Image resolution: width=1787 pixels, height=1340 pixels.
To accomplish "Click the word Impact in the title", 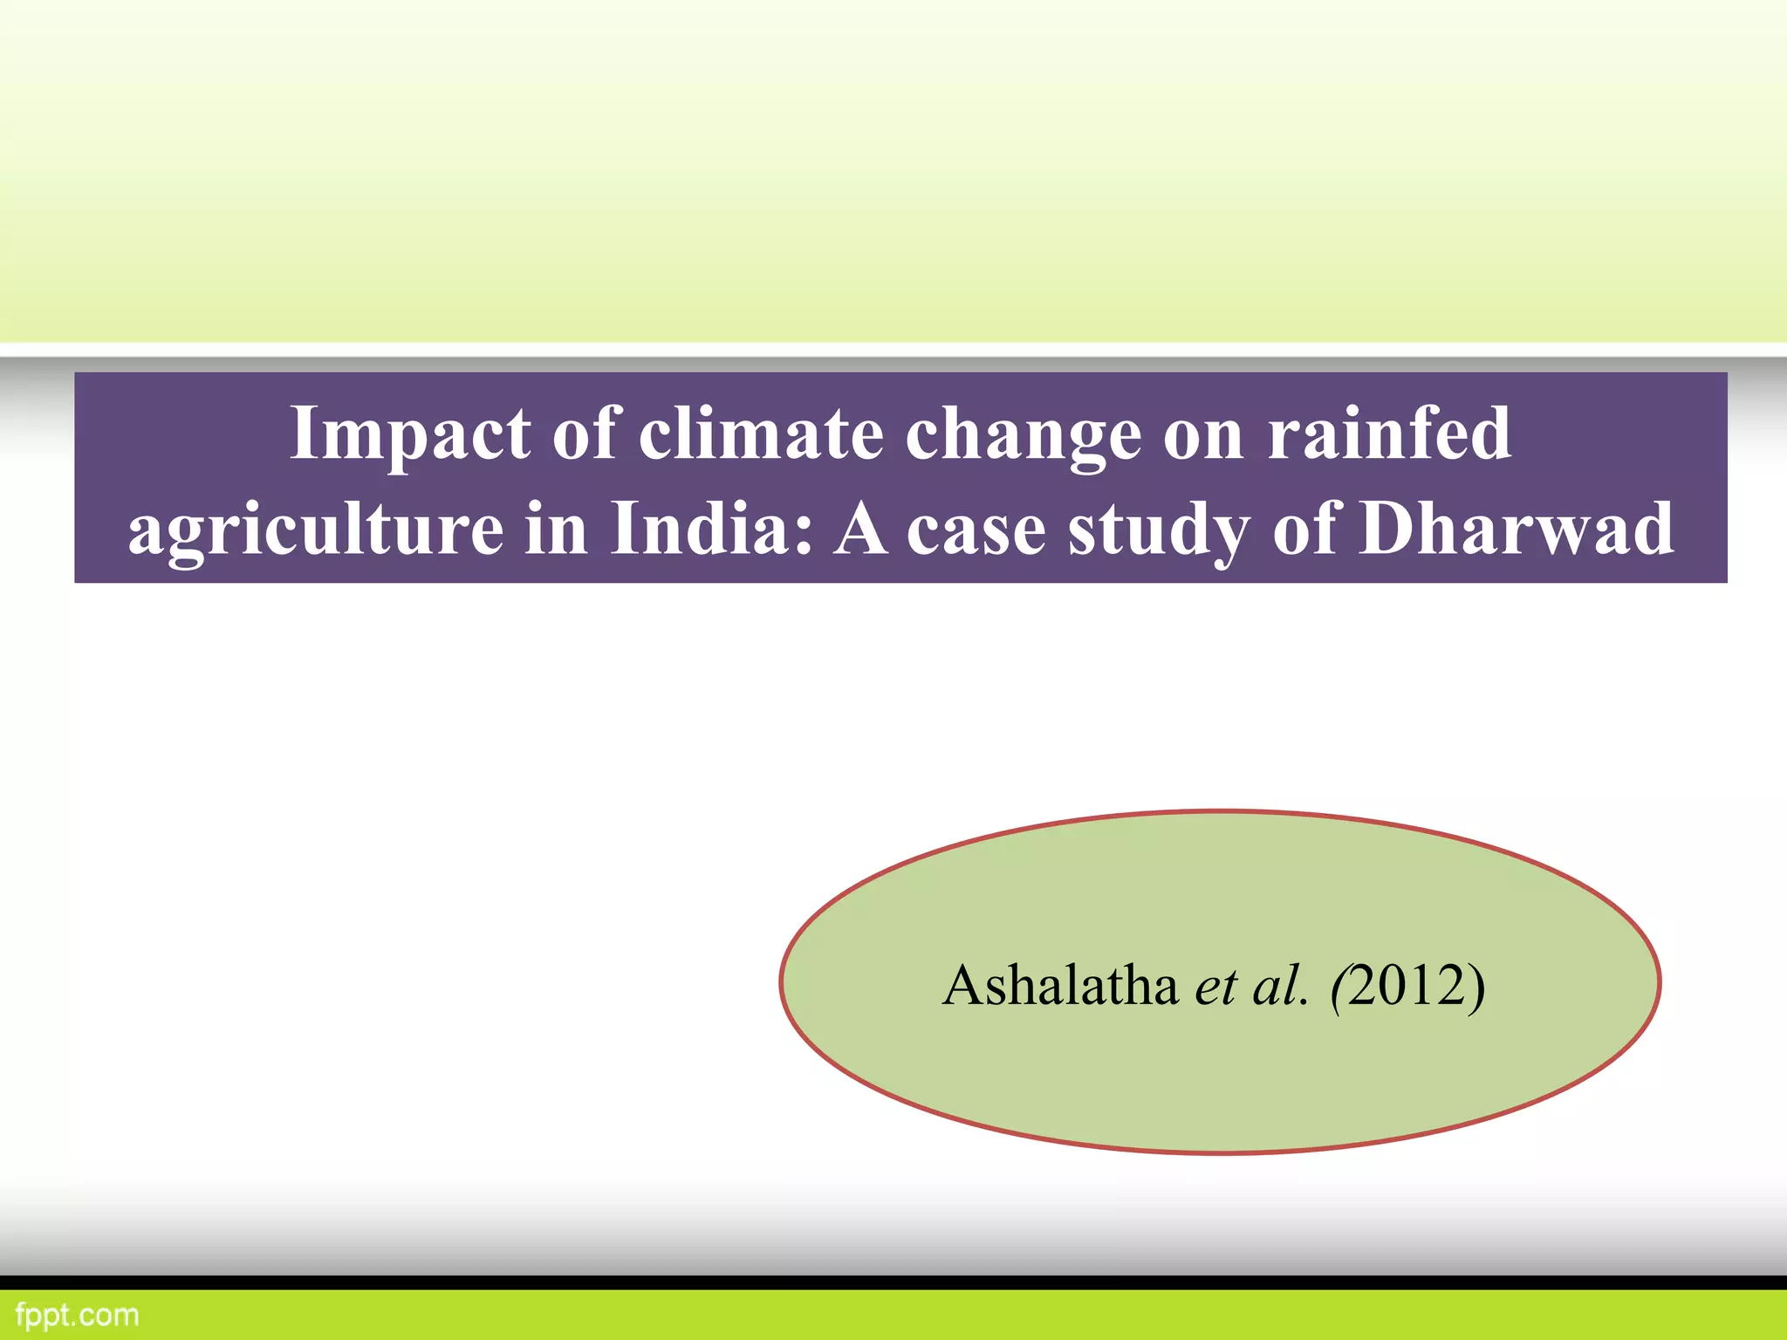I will [x=410, y=434].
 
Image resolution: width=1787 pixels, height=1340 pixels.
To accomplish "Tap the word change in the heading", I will [x=1023, y=434].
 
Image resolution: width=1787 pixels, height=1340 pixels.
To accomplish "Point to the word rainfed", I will [x=1389, y=434].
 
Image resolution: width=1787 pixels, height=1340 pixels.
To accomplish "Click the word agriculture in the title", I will [x=315, y=529].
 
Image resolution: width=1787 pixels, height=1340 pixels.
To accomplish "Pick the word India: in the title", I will [x=712, y=529].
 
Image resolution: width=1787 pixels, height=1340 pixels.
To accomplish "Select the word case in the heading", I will [x=976, y=529].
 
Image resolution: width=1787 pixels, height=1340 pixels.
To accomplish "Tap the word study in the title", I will [x=1160, y=529].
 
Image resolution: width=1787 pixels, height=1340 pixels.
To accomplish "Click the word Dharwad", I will [x=1517, y=529].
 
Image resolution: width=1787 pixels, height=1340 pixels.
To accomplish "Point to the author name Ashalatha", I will [x=1060, y=986].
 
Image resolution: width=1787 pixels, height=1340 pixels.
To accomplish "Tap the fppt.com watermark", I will [x=77, y=1315].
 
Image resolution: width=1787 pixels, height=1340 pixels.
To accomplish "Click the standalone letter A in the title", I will [x=860, y=529].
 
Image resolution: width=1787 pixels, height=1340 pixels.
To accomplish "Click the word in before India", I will [x=556, y=529].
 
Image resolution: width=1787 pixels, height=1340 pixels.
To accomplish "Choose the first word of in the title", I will [x=584, y=434].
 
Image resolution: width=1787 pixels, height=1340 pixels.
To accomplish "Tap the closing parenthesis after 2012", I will [x=1475, y=986].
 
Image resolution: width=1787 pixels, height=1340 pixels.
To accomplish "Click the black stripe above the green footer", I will [x=893, y=1282].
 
